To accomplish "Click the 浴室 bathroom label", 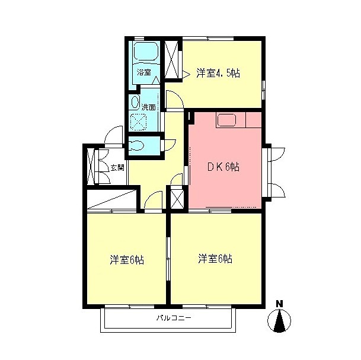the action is click(x=144, y=72).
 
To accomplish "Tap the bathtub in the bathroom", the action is click(x=146, y=51).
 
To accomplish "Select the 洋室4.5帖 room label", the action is click(x=218, y=73).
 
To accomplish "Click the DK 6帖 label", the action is click(x=223, y=167).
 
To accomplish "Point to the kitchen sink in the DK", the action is click(x=227, y=120).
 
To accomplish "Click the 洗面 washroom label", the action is click(x=149, y=107).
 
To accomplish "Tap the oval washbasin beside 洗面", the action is click(x=135, y=102).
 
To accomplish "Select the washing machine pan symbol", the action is click(x=138, y=122).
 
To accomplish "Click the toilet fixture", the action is click(x=136, y=145).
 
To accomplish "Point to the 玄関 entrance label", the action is click(x=117, y=168).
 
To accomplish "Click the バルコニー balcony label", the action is click(x=174, y=318).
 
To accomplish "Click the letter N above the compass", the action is click(x=279, y=304).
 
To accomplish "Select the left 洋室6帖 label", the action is click(x=127, y=260).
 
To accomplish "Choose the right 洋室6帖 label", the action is click(x=215, y=259).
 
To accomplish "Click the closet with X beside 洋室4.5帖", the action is click(x=172, y=60).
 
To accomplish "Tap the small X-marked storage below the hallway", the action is click(x=177, y=197).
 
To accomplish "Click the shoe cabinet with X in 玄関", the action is click(x=91, y=166).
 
